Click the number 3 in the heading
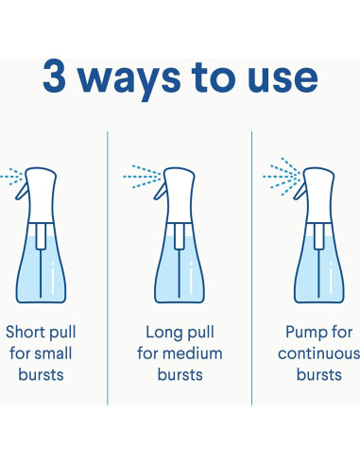pos(54,76)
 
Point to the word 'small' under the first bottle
pos(53,353)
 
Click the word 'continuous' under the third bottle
pos(318,353)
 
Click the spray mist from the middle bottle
pos(143,177)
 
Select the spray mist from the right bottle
pos(282,177)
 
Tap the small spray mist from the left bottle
pos(12,177)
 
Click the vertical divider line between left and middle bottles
pos(108,268)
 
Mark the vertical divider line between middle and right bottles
pos(252,268)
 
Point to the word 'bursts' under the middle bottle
pos(180,374)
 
